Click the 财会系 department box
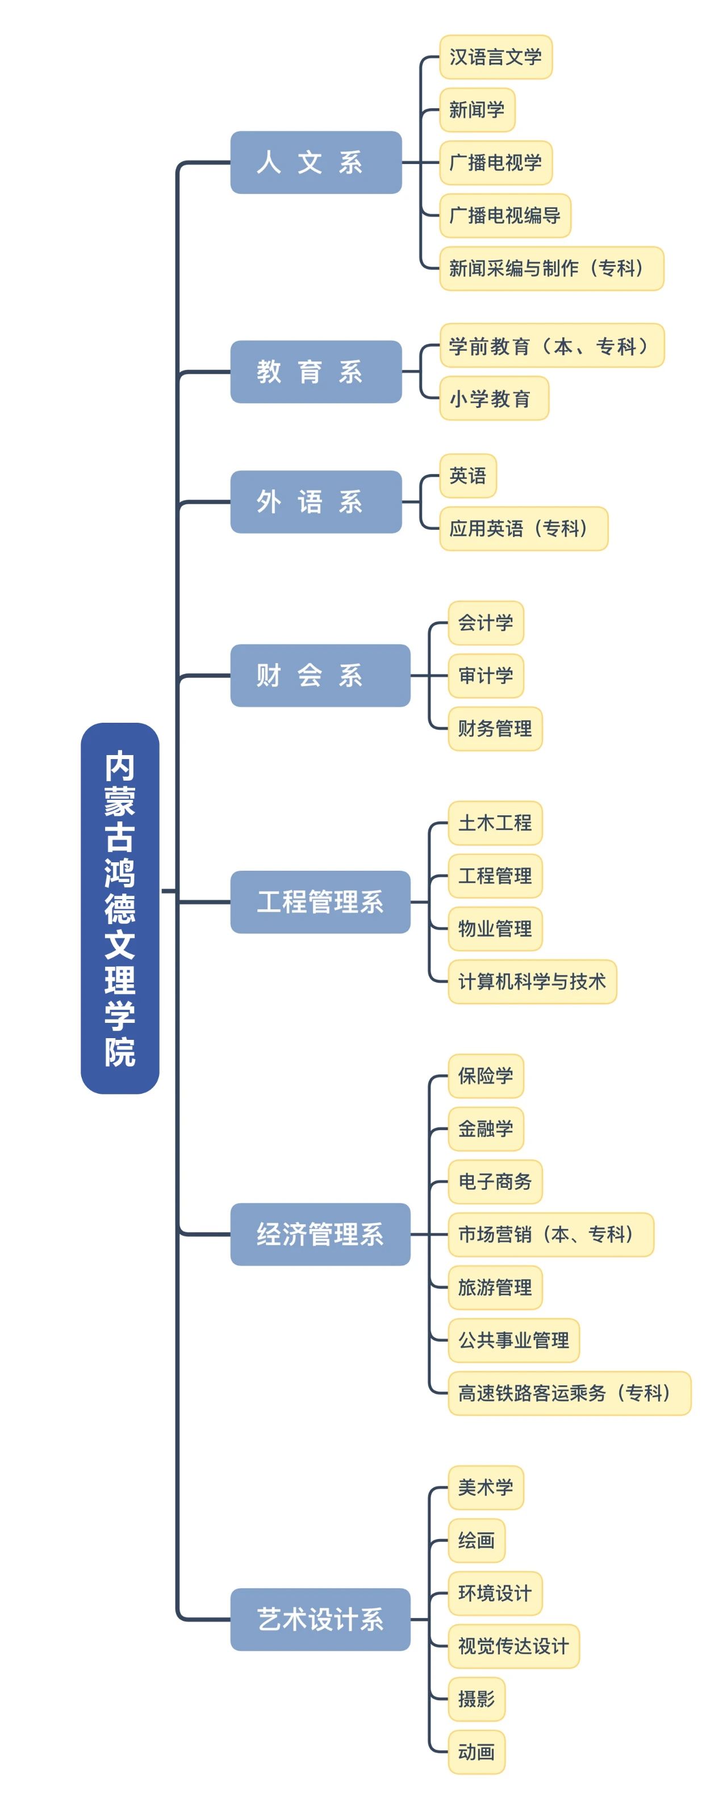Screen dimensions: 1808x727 (x=320, y=675)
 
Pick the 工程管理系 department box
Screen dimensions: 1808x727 (x=320, y=901)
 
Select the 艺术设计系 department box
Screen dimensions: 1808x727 (x=320, y=1619)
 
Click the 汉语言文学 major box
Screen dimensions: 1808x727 (x=495, y=57)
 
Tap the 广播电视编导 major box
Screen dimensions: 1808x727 (x=504, y=216)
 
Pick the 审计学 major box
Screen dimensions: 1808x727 (x=486, y=675)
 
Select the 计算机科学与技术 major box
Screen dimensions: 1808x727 (x=532, y=981)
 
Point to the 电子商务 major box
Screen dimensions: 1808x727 (x=495, y=1181)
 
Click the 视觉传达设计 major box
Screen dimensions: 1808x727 (x=513, y=1646)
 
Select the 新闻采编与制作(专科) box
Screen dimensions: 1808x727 (x=551, y=268)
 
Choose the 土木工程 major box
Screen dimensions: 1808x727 (x=495, y=823)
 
